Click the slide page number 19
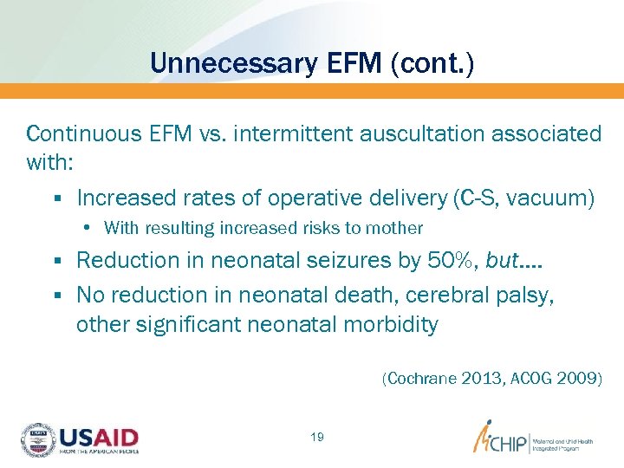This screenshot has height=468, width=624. coord(316,437)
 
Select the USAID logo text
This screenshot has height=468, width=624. coord(98,437)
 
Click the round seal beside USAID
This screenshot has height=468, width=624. coord(37,439)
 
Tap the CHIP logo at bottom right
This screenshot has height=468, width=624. coord(503,439)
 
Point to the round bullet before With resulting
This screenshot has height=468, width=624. coord(90,229)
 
